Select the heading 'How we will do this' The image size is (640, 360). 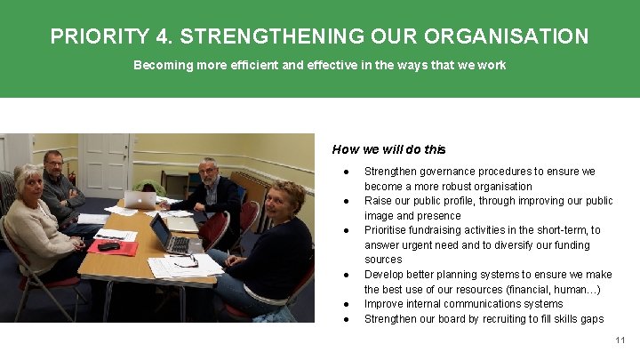tap(388, 149)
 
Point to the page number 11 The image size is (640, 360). tap(620, 340)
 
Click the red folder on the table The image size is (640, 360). tap(113, 245)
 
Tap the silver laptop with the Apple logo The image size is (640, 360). tap(140, 199)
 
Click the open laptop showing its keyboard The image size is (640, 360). tap(169, 236)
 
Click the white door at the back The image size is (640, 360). tap(105, 164)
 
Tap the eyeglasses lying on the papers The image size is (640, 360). tap(186, 261)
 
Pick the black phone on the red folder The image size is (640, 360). tap(108, 245)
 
